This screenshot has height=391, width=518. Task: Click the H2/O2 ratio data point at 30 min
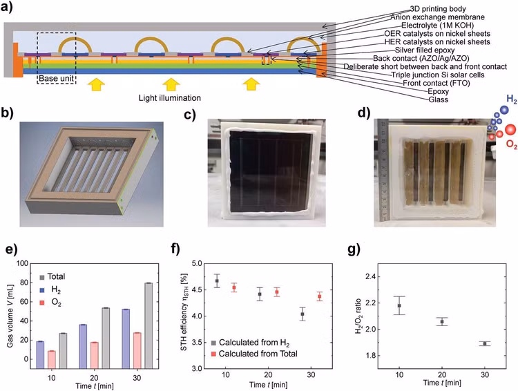tap(486, 343)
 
